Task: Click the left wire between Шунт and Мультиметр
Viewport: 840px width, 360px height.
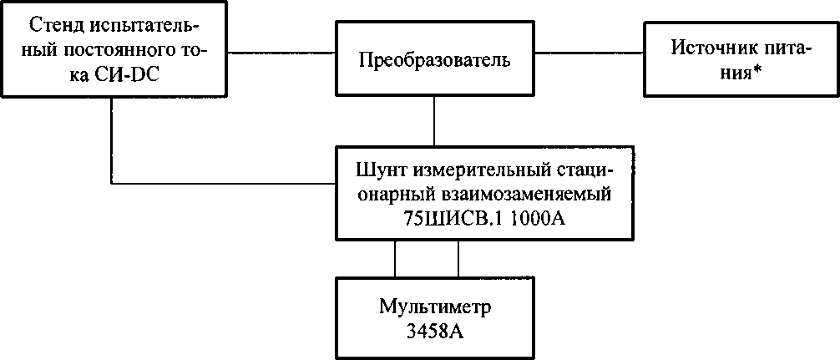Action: click(395, 259)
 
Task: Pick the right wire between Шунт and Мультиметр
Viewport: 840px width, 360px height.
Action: click(458, 259)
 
